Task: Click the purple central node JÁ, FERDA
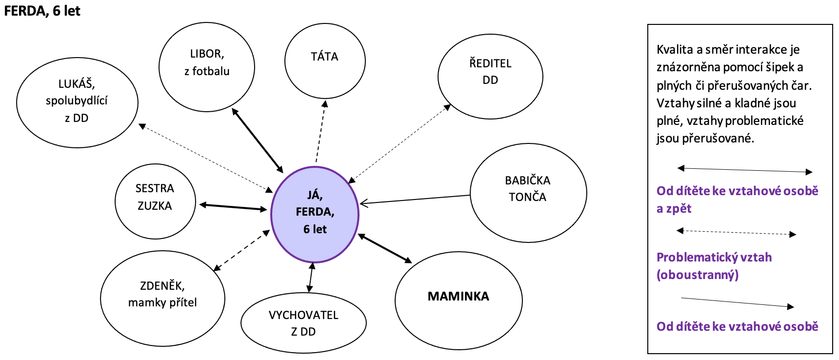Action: pos(315,215)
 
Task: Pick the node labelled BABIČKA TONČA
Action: pos(528,193)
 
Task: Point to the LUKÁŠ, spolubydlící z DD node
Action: pos(77,103)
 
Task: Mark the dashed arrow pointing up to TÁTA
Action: pos(320,132)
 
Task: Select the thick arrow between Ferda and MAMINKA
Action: pos(385,249)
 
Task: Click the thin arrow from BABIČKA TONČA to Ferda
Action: pos(415,199)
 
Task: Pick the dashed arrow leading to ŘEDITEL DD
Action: pos(400,144)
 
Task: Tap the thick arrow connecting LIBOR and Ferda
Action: pos(257,140)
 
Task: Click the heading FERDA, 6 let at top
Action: pos(42,11)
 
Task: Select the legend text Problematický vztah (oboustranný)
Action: pos(714,266)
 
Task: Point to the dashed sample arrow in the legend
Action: pos(736,233)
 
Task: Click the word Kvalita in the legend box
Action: pos(675,49)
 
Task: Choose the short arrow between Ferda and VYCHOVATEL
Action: pos(311,278)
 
